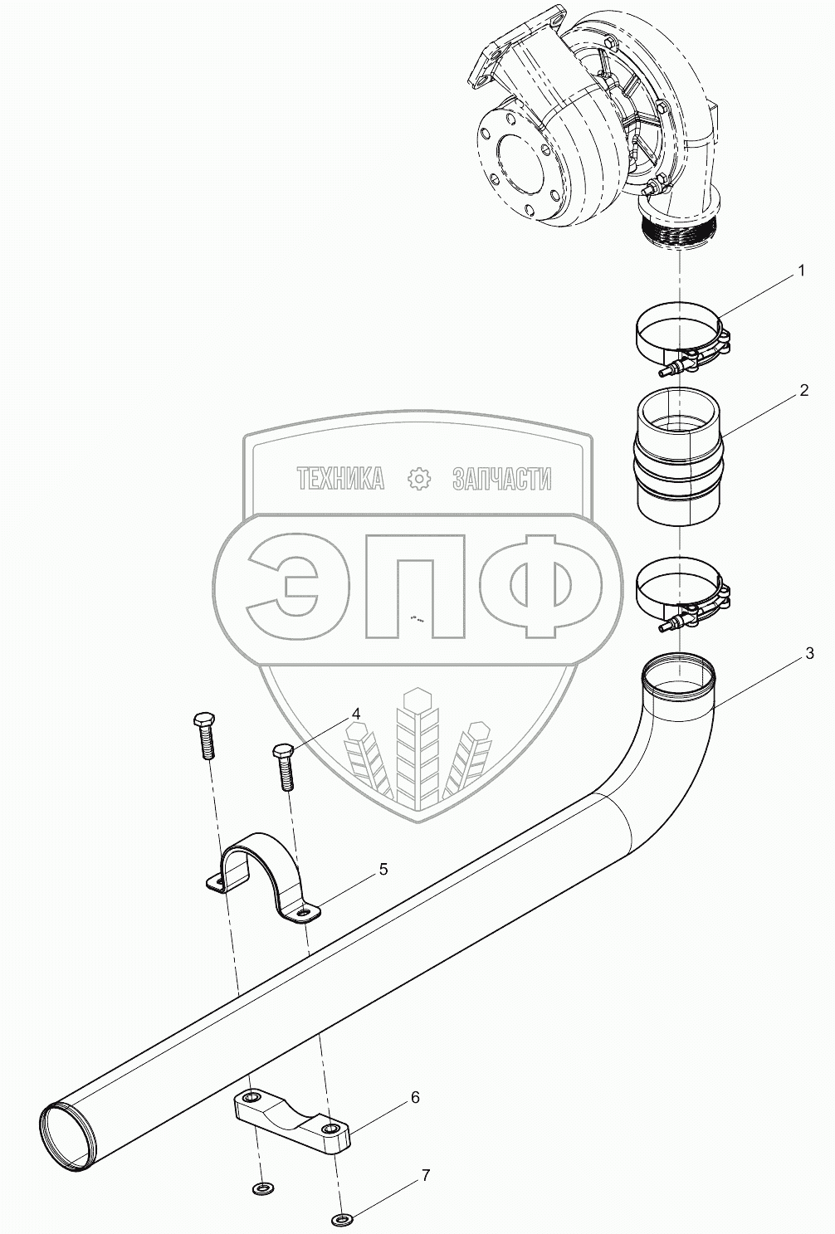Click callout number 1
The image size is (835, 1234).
coord(801,271)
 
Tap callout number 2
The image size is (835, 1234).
coord(803,391)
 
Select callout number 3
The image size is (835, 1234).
coord(809,653)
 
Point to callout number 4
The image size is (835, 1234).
coord(355,714)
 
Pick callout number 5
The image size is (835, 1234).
coord(383,869)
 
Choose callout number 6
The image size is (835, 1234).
coord(415,1097)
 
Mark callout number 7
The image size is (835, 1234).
coord(426,1175)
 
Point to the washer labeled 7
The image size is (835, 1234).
coord(341,1219)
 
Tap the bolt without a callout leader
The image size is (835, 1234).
coord(204,734)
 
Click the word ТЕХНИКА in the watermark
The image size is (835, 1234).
coord(340,478)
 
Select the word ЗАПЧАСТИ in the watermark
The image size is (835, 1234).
coord(501,478)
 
